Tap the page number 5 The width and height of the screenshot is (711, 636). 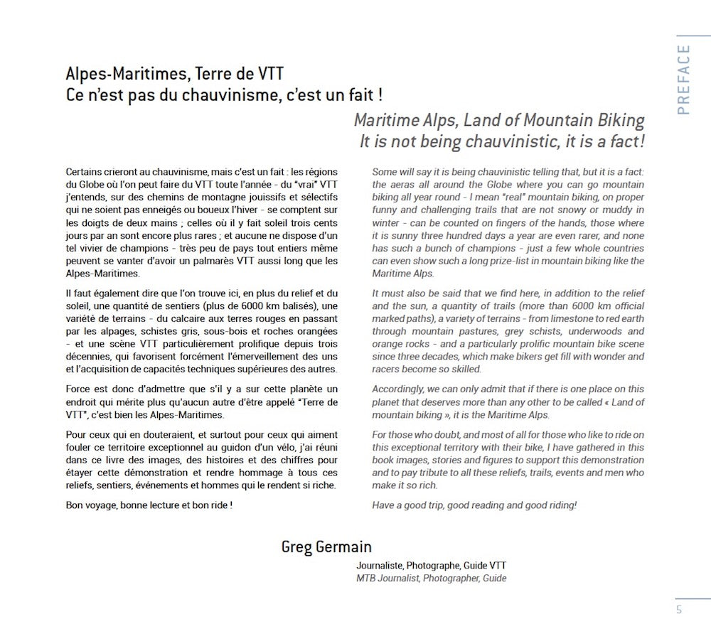click(679, 609)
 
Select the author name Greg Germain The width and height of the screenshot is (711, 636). click(326, 546)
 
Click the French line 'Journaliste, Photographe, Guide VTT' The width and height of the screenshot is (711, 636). click(432, 566)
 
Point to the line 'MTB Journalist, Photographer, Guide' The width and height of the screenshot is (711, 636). click(432, 578)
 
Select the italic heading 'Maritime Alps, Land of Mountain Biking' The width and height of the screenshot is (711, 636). click(499, 119)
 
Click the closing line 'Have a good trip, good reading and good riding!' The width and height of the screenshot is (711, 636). click(474, 505)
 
